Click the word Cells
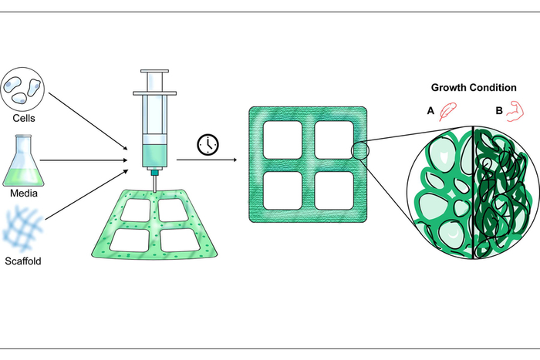pos(24,119)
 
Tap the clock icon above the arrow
pos(207,144)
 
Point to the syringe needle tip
pos(154,190)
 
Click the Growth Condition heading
pos(474,87)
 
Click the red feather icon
pos(447,113)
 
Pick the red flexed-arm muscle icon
pos(518,113)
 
